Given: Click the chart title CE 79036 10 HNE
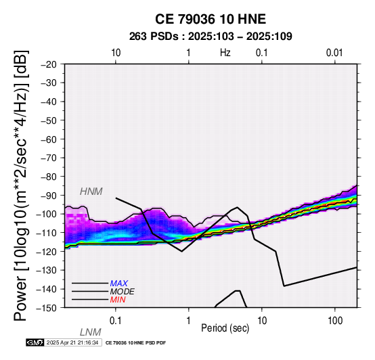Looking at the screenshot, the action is coord(211,19).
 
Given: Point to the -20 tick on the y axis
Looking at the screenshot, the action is coord(49,64).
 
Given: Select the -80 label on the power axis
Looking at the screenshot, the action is coord(49,177).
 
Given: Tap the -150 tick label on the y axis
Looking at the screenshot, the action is coord(47,308).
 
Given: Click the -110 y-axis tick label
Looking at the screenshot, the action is coord(47,233).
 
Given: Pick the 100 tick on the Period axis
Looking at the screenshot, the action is coord(335,321).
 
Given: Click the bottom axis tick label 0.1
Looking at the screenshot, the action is coord(116,321).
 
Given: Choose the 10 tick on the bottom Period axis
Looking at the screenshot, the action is coord(262,321).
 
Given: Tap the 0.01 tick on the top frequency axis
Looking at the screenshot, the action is coord(334,53).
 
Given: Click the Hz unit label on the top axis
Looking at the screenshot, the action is coord(225,53).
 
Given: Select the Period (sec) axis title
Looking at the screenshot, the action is coord(225,328).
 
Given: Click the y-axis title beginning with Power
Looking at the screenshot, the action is coord(21,185).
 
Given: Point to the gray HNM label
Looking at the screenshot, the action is coord(91,192).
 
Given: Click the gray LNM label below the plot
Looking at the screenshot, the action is coord(91,332).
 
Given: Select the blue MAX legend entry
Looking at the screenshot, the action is coord(119,284).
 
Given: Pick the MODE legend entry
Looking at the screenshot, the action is coord(123,292).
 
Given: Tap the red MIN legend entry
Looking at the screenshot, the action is coord(118,300).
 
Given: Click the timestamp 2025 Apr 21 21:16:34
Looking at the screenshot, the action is coord(72,342).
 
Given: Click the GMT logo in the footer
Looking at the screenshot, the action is coord(35,342).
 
